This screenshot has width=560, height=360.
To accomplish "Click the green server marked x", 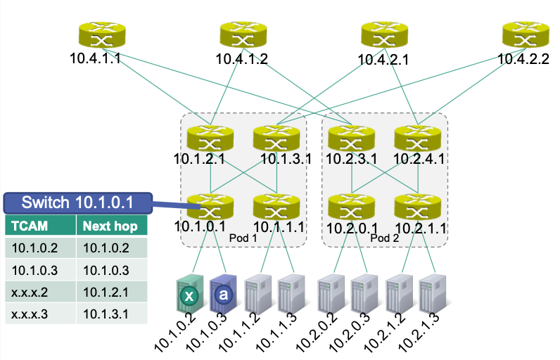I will point(189,295).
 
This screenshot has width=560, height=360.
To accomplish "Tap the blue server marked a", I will point(223,295).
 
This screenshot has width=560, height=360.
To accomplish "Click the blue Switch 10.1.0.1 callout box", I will point(77,203).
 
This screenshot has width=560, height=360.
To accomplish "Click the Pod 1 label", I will point(243,238).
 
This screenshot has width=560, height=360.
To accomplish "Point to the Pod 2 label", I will point(383,238).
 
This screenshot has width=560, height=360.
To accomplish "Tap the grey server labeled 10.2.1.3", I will point(430,295).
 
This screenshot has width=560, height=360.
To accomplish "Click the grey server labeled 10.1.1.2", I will point(257,295).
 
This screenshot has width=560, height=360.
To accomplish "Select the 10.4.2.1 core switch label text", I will point(383,60).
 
